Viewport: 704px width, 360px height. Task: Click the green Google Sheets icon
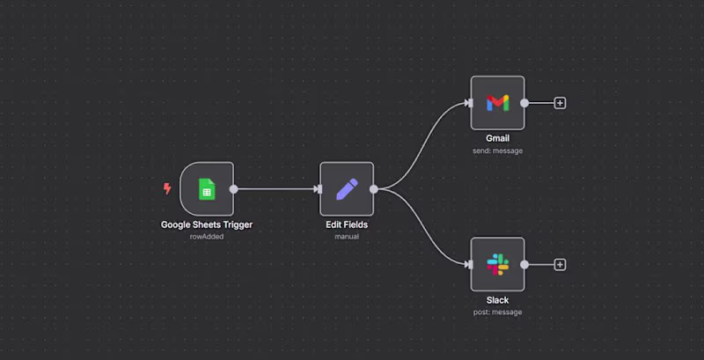tap(207, 189)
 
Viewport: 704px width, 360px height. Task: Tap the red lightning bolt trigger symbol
tap(167, 188)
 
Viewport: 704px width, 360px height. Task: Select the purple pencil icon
tap(347, 189)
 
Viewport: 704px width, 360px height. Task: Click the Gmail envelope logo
tap(497, 103)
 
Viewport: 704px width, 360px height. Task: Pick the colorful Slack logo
tap(497, 264)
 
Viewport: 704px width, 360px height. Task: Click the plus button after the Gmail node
tap(560, 103)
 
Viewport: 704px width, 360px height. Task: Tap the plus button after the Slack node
tap(560, 265)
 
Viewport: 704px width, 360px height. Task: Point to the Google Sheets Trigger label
tap(207, 224)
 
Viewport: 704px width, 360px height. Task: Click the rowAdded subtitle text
tap(207, 237)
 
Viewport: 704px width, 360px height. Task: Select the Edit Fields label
tap(347, 224)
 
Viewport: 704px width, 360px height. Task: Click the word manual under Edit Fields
tap(347, 237)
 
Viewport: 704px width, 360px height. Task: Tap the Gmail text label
tap(497, 138)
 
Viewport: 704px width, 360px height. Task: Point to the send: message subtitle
tap(497, 151)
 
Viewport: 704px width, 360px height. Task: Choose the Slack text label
tap(497, 300)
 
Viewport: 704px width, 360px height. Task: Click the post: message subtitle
tap(497, 312)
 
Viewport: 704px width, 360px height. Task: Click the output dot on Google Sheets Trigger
tap(233, 189)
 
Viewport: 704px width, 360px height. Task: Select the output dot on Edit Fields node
tap(373, 189)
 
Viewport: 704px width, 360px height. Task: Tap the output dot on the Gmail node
tap(524, 103)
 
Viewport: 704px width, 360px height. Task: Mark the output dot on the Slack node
tap(524, 265)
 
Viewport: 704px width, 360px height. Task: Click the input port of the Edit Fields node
tap(319, 189)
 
